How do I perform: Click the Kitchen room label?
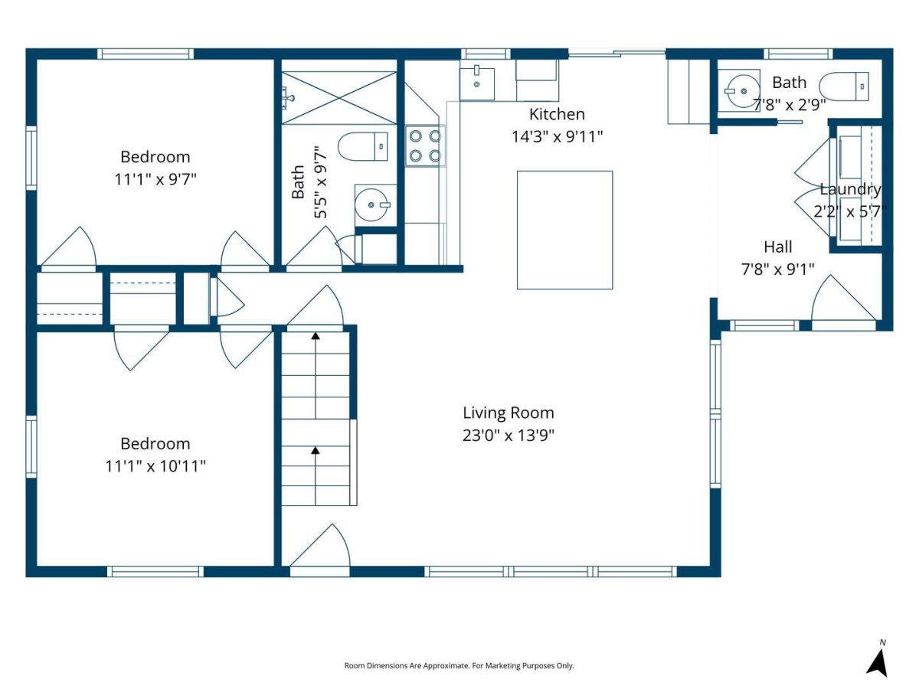(x=557, y=114)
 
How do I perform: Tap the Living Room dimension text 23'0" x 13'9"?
(x=509, y=436)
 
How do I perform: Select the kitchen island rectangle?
(x=564, y=230)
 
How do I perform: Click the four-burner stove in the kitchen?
(x=425, y=146)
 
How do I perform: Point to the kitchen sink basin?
(x=477, y=84)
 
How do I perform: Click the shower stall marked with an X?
(x=338, y=98)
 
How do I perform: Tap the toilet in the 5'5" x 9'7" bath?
(x=363, y=146)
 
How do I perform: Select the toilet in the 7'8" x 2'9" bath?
(x=844, y=87)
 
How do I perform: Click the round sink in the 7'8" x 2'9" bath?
(x=742, y=91)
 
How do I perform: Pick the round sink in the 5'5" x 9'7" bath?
(x=371, y=205)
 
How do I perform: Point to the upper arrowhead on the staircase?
(x=316, y=335)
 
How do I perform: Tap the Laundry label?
(x=850, y=189)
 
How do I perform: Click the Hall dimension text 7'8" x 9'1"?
(x=777, y=269)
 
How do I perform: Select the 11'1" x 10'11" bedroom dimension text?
(x=155, y=466)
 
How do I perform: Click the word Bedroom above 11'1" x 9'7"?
(x=155, y=157)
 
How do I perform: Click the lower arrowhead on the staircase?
(x=316, y=450)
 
